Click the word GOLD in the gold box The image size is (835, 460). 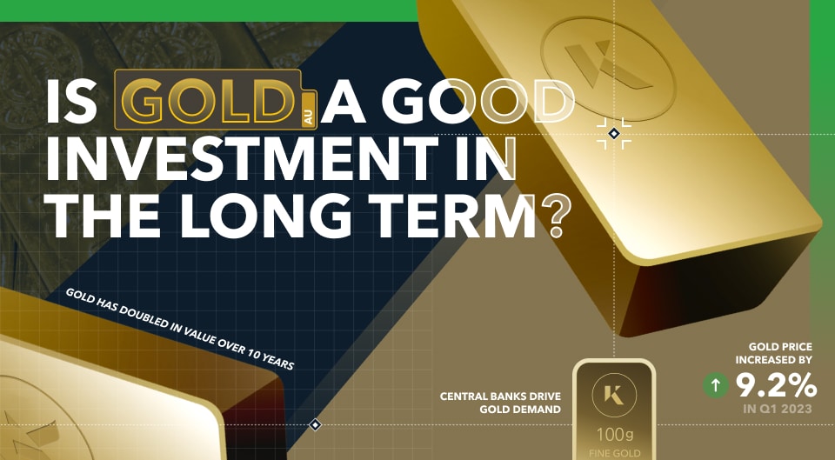(x=210, y=103)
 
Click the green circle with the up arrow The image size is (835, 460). (x=716, y=385)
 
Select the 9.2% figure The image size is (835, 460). (x=777, y=384)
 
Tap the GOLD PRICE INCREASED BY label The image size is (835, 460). (x=774, y=352)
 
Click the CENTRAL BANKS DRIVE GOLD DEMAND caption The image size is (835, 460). (x=500, y=403)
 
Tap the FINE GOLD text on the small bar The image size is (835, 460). (x=614, y=452)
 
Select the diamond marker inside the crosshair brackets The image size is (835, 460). (x=614, y=133)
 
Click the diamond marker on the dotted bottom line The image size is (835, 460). (x=316, y=425)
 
